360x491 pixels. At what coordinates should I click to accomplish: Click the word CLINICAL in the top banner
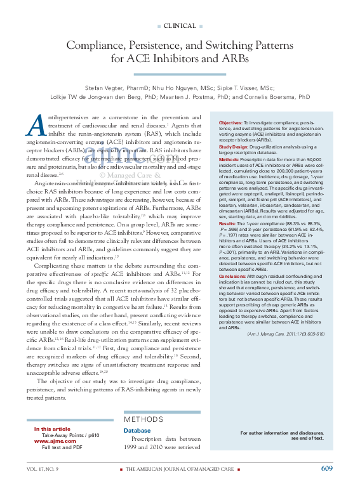pyautogui.click(x=180, y=25)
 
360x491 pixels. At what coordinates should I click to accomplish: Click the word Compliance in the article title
pyautogui.click(x=98, y=46)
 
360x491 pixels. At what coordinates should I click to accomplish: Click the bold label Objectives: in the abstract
pyautogui.click(x=230, y=122)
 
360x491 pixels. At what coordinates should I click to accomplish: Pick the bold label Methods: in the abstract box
pyautogui.click(x=229, y=158)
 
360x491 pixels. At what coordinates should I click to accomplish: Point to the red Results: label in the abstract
pyautogui.click(x=227, y=224)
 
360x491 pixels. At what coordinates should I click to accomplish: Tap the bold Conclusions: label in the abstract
pyautogui.click(x=233, y=276)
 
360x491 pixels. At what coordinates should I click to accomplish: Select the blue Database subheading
pyautogui.click(x=137, y=430)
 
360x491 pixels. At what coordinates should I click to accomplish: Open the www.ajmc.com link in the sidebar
pyautogui.click(x=51, y=441)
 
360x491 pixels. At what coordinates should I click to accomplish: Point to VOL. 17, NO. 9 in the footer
pyautogui.click(x=43, y=469)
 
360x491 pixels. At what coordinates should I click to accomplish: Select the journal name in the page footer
pyautogui.click(x=175, y=469)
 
